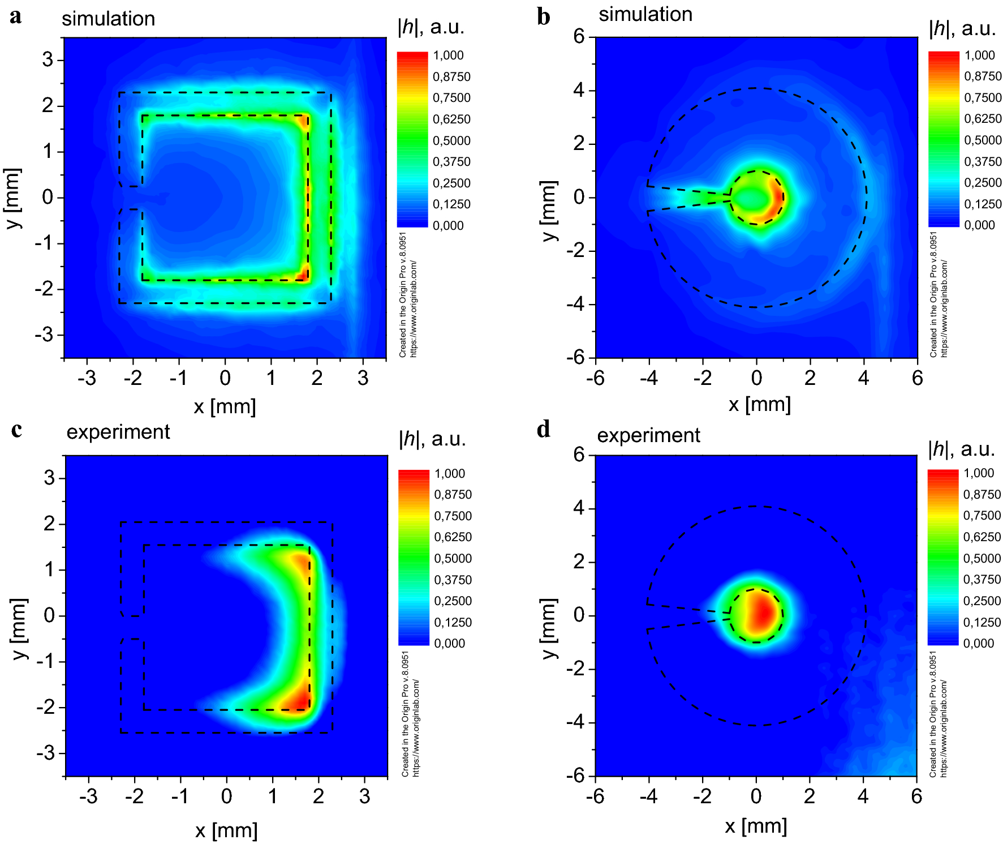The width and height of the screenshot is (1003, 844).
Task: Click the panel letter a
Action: click(16, 17)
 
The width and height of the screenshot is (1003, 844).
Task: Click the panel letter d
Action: click(544, 430)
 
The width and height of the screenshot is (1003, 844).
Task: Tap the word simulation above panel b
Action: click(645, 14)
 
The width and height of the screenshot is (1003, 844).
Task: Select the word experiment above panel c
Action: click(118, 432)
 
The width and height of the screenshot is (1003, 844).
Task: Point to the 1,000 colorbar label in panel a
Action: click(448, 55)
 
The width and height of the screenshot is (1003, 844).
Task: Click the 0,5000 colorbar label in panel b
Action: click(983, 140)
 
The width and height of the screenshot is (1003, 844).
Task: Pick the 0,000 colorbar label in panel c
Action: click(449, 644)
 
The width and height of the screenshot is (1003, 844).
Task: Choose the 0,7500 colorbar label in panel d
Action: click(982, 516)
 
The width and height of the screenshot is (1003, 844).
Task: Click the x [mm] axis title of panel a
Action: click(225, 406)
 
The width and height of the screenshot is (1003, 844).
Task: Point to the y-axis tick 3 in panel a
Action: click(48, 59)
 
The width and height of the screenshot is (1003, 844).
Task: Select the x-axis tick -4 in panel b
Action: click(648, 378)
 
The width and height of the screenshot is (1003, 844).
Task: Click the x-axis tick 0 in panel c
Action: click(226, 796)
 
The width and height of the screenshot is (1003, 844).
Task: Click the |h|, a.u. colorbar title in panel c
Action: click(432, 439)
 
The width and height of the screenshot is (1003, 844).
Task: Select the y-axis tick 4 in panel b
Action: click(579, 90)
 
